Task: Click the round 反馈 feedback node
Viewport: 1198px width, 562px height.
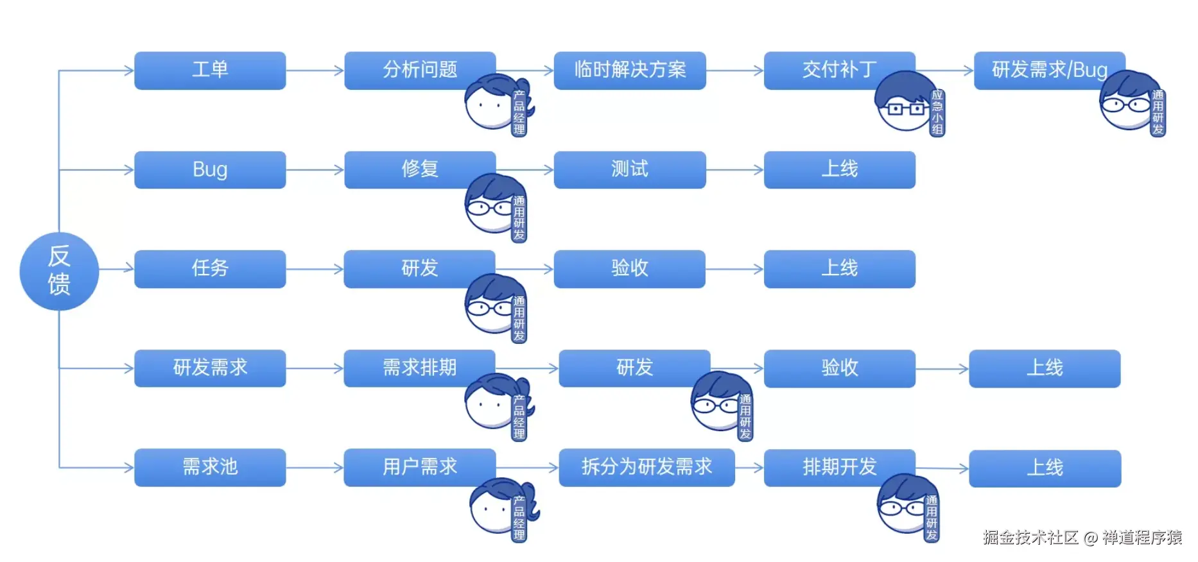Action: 59,271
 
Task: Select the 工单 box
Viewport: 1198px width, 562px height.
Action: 210,70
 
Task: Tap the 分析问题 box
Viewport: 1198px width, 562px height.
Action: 419,70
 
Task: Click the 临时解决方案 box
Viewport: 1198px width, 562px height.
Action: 630,70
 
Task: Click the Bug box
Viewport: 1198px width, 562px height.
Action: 210,169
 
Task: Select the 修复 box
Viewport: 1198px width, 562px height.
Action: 419,169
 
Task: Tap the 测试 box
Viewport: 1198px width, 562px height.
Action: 630,169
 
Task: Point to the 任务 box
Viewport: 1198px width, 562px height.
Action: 210,269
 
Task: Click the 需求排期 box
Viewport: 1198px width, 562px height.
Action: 419,368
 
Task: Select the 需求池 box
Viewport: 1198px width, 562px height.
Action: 210,467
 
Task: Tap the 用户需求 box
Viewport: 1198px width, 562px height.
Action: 419,467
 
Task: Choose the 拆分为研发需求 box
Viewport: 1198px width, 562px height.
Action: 647,467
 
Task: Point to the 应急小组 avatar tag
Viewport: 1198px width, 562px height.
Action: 937,112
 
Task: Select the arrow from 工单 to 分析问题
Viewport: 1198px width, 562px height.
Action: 315,71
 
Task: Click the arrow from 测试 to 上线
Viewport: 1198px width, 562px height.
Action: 734,170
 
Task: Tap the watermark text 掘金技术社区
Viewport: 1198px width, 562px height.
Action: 1030,538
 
